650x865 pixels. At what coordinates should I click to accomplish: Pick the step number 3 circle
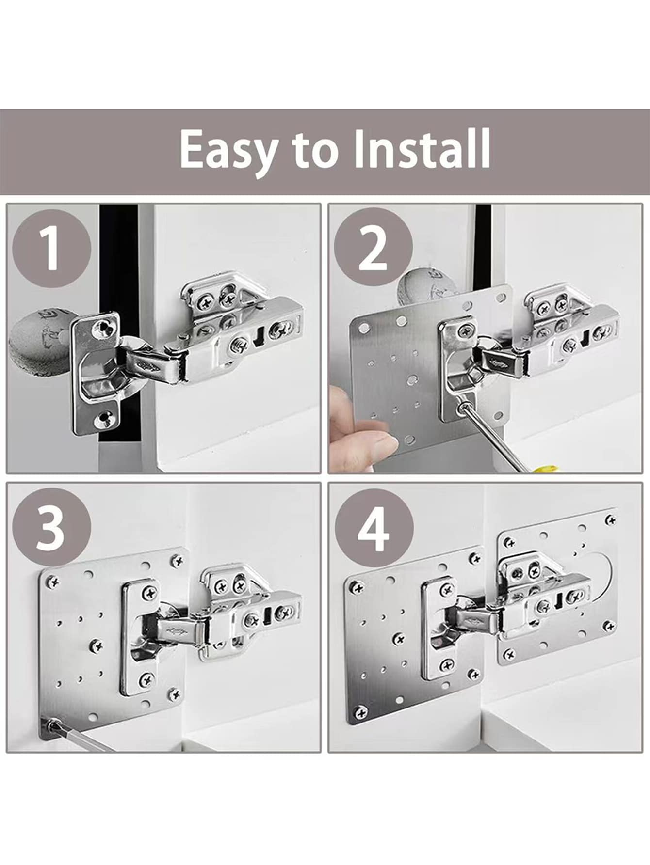coord(51,527)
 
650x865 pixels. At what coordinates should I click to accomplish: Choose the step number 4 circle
coord(374,528)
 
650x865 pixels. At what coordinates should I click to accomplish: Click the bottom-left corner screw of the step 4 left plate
coord(360,712)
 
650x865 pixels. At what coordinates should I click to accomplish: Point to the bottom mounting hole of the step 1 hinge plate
coord(104,417)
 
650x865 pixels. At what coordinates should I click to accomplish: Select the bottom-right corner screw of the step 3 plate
coord(174,694)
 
